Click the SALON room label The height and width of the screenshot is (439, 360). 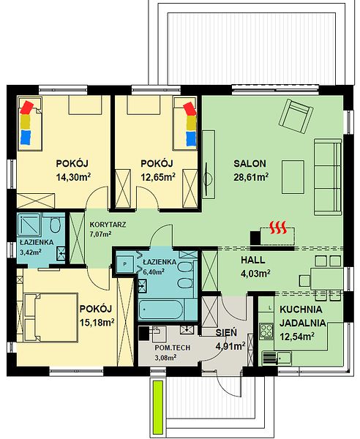pos(250,163)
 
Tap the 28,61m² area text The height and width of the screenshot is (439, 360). pos(252,177)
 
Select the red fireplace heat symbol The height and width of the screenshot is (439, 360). pos(278,228)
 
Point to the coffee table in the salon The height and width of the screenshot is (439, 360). pos(293,177)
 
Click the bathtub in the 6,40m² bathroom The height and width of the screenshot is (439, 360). pos(161,309)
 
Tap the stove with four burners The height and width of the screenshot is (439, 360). pos(266,331)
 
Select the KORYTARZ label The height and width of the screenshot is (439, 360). pos(108,225)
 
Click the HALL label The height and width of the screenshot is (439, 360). pos(253,260)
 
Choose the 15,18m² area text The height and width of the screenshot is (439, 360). pos(97,323)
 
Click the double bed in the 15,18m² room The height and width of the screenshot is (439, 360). pos(51,318)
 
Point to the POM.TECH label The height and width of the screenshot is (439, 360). pos(173,348)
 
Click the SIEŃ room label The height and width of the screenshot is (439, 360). pos(226,332)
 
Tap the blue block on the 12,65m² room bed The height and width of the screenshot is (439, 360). pos(191,139)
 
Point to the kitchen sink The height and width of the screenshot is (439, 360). pos(285,358)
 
